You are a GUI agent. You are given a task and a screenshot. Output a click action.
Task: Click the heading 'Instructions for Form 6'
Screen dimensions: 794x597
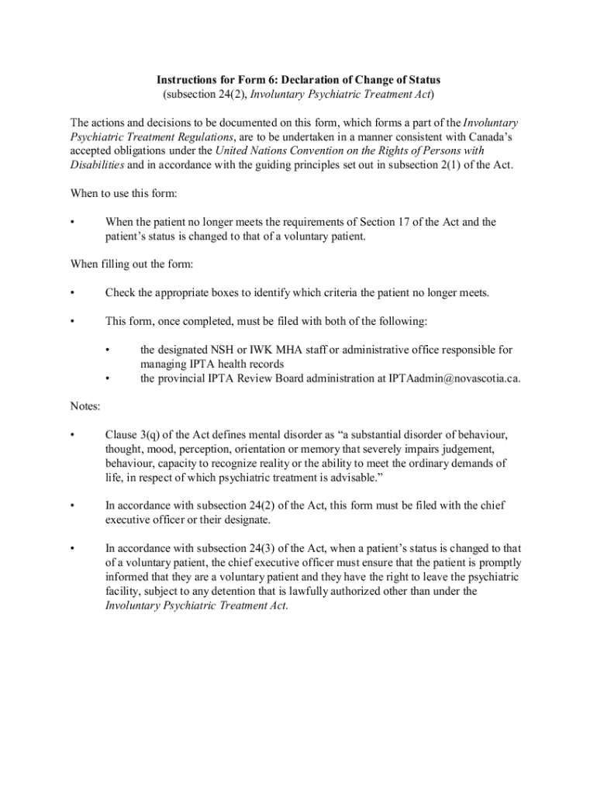298,80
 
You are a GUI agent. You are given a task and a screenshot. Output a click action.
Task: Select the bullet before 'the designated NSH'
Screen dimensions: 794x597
108,350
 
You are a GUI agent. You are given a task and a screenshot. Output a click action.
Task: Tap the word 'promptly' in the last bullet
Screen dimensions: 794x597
498,562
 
